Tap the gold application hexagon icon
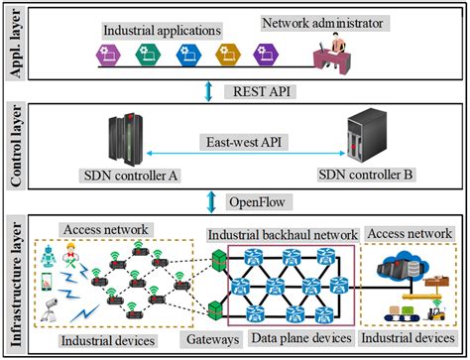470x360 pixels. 225,54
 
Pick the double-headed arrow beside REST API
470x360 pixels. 205,90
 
